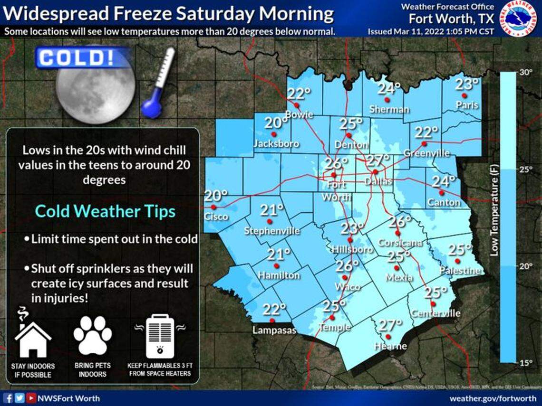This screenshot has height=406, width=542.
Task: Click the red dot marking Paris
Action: pyautogui.click(x=464, y=95)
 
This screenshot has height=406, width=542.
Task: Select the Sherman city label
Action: pyautogui.click(x=389, y=109)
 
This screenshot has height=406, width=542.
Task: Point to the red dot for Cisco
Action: pyautogui.click(x=213, y=207)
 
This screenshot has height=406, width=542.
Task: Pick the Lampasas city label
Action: pyautogui.click(x=274, y=330)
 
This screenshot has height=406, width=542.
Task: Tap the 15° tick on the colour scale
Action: pyautogui.click(x=525, y=363)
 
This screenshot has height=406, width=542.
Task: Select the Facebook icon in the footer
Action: pyautogui.click(x=8, y=398)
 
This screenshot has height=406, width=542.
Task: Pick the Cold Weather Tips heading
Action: pyautogui.click(x=106, y=211)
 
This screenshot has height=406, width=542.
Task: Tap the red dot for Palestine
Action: pyautogui.click(x=457, y=261)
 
